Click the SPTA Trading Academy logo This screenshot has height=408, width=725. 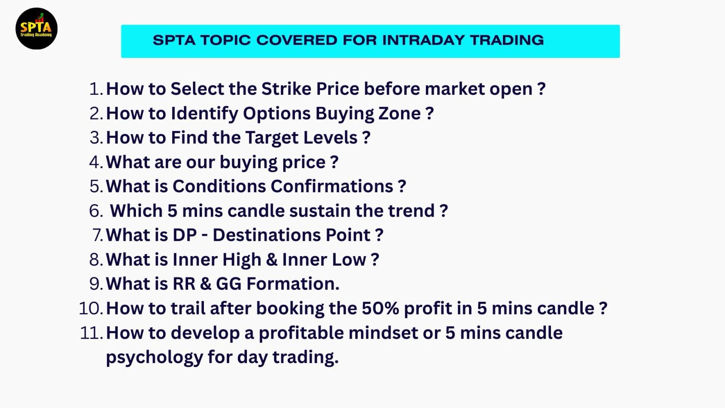pos(37,29)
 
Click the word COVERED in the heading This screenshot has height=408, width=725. pos(297,40)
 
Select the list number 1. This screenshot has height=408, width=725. pos(96,89)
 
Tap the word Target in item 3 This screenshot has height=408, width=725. pos(272,138)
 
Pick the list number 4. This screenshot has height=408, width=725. pos(96,162)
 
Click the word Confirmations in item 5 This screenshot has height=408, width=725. pos(332,186)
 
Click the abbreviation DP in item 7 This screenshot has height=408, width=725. pos(185,235)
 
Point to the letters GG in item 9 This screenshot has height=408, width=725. pos(228,284)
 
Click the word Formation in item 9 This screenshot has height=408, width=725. pos(293,284)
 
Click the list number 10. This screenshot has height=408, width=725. pos(91,308)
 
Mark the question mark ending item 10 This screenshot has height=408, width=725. pos(603,308)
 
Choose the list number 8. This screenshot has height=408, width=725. pos(96,260)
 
